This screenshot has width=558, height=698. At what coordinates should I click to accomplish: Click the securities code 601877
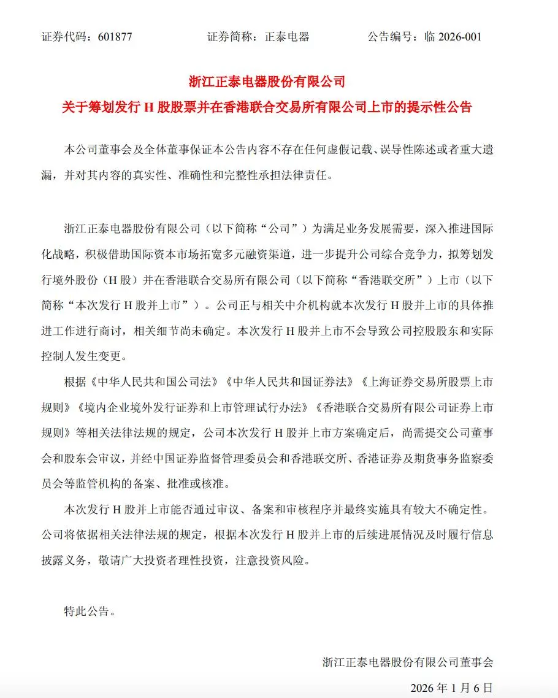point(115,37)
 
